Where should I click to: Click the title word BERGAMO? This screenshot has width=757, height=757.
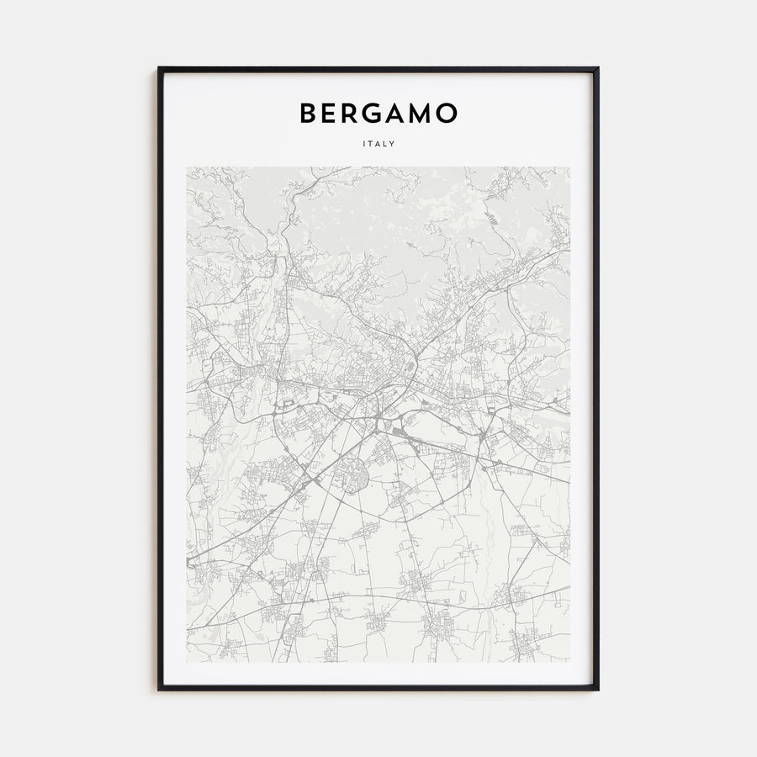(378, 114)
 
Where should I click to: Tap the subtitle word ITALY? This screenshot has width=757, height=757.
(378, 144)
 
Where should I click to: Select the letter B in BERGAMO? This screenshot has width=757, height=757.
(309, 114)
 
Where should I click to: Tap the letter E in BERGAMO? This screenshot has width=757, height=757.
(330, 114)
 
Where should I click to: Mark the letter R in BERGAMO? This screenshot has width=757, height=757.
(351, 114)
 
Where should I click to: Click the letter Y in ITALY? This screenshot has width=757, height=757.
(393, 144)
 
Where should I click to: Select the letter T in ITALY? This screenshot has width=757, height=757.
(371, 144)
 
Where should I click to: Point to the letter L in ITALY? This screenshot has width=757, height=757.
(386, 144)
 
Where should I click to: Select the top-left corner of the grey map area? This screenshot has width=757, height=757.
(188, 167)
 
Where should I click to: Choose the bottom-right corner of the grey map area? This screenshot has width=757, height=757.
(569, 661)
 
